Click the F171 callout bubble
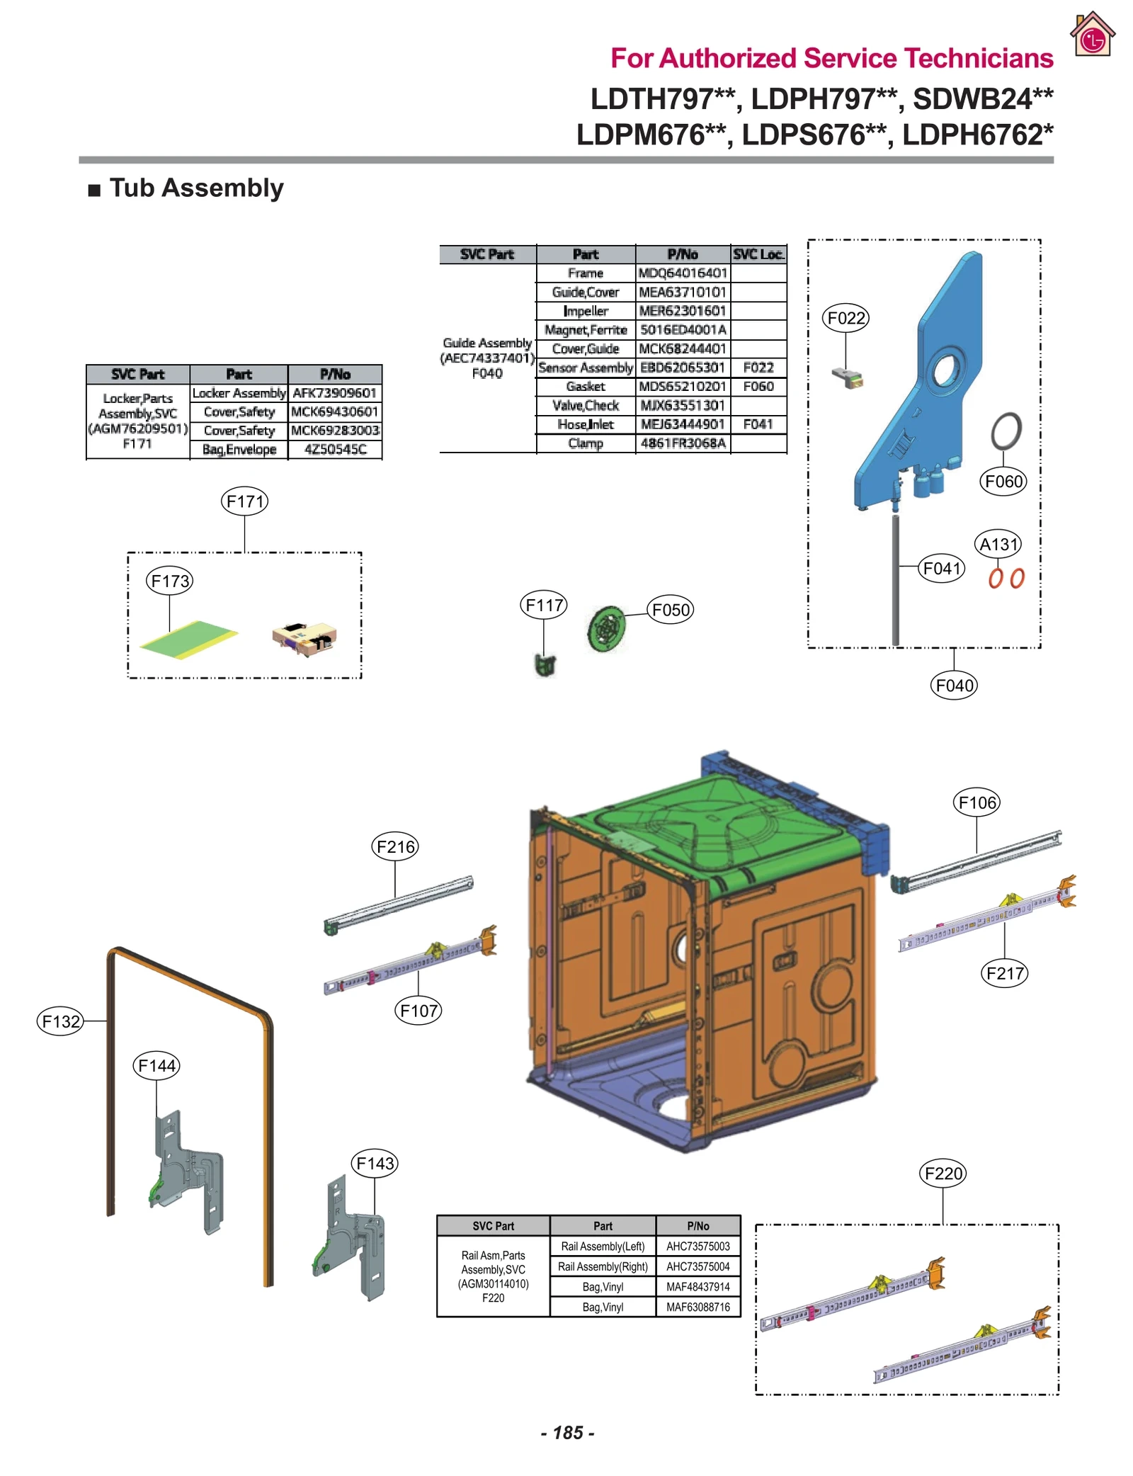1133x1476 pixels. [x=244, y=501]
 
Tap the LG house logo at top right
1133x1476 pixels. [x=1092, y=35]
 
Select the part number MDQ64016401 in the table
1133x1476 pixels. [x=683, y=273]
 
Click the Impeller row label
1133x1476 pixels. [x=585, y=311]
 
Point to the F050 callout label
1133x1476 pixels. [x=670, y=610]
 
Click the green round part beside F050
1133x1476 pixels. [x=606, y=628]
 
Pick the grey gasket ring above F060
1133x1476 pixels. [x=1006, y=431]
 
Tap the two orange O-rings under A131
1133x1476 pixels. [x=1006, y=579]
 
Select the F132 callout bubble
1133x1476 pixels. [x=60, y=1021]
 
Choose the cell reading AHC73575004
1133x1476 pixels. [x=698, y=1266]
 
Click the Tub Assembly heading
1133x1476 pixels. [x=196, y=188]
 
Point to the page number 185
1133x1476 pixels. [x=567, y=1432]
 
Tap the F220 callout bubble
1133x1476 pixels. [x=944, y=1174]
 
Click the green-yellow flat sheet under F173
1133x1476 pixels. [x=189, y=639]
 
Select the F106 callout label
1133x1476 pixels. [x=977, y=802]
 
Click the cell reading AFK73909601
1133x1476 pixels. [x=334, y=393]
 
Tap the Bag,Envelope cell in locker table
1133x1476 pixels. [x=239, y=450]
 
